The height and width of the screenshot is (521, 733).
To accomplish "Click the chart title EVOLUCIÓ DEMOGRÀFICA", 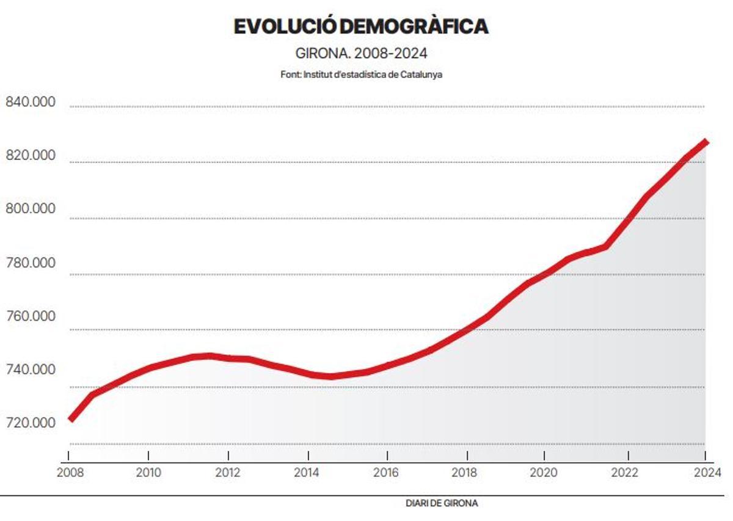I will point(361,27).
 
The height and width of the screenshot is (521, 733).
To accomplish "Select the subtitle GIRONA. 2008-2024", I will point(361,53).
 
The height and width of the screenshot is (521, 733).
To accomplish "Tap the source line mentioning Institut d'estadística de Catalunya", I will point(361,75).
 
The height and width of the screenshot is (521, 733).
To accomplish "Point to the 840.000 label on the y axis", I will point(31,102).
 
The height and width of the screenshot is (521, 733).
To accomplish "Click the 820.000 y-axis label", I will point(31,156).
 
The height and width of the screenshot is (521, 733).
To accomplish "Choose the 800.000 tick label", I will point(31,209).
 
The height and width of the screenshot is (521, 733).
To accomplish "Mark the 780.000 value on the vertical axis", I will point(31,263).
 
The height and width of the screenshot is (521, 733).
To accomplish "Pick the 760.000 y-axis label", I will point(31,316).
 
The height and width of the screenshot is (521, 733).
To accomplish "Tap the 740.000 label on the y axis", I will point(31,370).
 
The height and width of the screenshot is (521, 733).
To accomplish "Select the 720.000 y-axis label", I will point(31,423).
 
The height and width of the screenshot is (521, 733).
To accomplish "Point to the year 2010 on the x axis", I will point(148,472).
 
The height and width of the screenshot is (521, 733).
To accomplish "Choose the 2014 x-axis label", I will point(308,472).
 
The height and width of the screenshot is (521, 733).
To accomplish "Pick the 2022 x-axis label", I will point(625,472).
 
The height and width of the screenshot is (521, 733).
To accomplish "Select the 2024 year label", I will point(705,472).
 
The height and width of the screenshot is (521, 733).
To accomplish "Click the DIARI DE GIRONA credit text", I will point(442,504).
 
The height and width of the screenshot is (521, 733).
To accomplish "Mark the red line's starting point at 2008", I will point(71,420).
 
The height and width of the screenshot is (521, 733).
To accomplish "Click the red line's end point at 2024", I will point(706,142).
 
